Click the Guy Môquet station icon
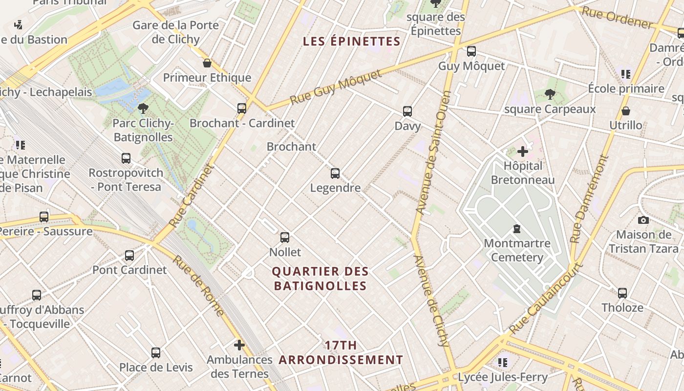(x=471, y=51)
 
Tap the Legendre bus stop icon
(x=335, y=174)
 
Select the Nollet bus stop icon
(x=285, y=238)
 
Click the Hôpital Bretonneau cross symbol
(x=523, y=152)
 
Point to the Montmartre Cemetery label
(x=517, y=250)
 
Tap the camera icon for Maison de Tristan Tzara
(x=643, y=220)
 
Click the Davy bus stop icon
(x=407, y=111)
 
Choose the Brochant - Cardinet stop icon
(x=242, y=108)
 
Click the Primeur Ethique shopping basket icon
(x=207, y=63)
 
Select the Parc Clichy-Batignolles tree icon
(x=143, y=108)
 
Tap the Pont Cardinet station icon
(x=129, y=255)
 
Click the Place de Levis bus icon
(x=156, y=352)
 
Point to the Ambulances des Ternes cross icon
(x=239, y=345)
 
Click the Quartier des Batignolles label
(x=321, y=278)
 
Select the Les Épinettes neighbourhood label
(x=352, y=42)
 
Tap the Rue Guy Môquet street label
(x=336, y=87)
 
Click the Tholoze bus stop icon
(x=622, y=293)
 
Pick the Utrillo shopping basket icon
(x=626, y=111)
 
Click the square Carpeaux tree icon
(x=550, y=94)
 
